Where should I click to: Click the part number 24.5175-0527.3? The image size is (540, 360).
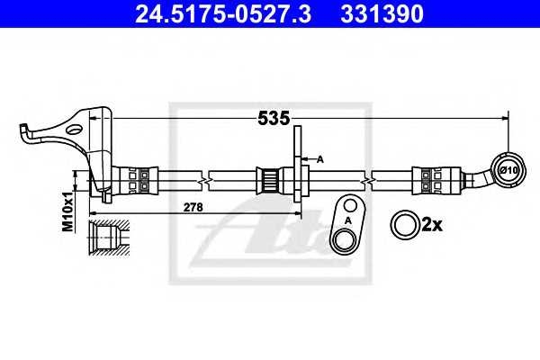(223, 13)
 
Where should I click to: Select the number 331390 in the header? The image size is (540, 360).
(382, 13)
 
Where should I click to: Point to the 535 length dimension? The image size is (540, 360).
(274, 118)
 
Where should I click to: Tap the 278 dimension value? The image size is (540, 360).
(193, 207)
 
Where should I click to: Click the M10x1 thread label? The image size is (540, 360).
(67, 211)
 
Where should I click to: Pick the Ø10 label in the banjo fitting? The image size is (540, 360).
(508, 170)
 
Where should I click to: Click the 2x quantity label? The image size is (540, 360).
(432, 225)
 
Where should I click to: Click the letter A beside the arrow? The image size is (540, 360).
(320, 159)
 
